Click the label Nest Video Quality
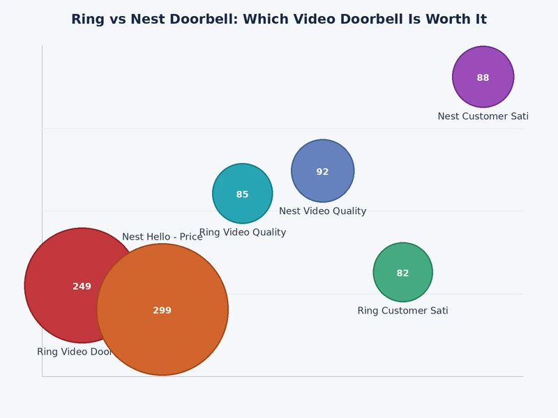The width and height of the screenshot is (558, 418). pyautogui.click(x=322, y=211)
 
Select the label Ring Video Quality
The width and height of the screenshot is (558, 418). pyautogui.click(x=242, y=233)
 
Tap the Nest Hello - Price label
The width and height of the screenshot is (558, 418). pyautogui.click(x=162, y=237)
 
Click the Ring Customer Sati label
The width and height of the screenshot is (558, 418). pyautogui.click(x=402, y=311)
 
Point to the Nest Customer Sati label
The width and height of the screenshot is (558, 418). pyautogui.click(x=483, y=116)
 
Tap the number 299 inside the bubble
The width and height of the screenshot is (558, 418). pyautogui.click(x=162, y=311)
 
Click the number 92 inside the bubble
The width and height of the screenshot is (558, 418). pyautogui.click(x=322, y=172)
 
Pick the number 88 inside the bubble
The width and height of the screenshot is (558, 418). pyautogui.click(x=483, y=78)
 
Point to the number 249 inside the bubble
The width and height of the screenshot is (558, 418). pyautogui.click(x=82, y=286)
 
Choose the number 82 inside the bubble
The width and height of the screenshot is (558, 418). pyautogui.click(x=402, y=273)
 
